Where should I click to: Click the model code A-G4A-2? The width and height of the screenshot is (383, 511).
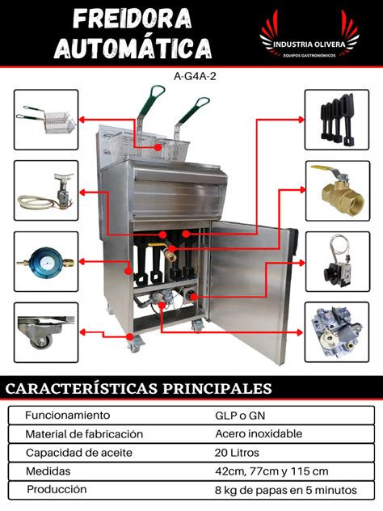191,78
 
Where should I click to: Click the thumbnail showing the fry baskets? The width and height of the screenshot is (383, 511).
46,119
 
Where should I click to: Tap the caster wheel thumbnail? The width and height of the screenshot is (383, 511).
46,332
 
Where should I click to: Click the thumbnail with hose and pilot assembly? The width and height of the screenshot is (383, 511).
46,190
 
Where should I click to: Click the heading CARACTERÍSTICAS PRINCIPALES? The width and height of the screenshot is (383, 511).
138,388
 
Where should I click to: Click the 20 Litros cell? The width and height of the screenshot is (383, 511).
237,453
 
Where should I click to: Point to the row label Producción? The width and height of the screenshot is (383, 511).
56,490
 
